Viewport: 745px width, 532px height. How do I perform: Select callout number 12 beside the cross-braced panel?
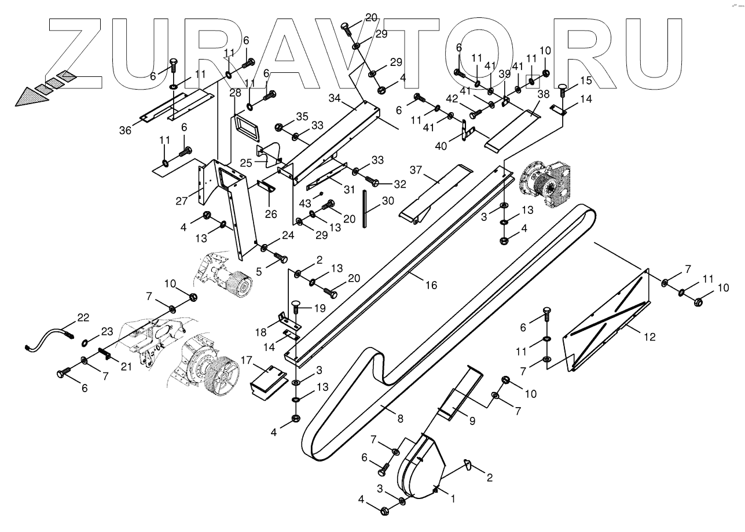[x=649, y=337]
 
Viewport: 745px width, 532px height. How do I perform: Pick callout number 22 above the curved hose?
[x=83, y=317]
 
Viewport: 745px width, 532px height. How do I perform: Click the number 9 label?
[x=472, y=421]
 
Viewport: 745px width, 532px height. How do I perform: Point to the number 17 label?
[x=247, y=361]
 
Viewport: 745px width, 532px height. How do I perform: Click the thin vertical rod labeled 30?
[x=365, y=208]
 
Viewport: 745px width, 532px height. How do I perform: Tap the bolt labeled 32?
[x=372, y=183]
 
